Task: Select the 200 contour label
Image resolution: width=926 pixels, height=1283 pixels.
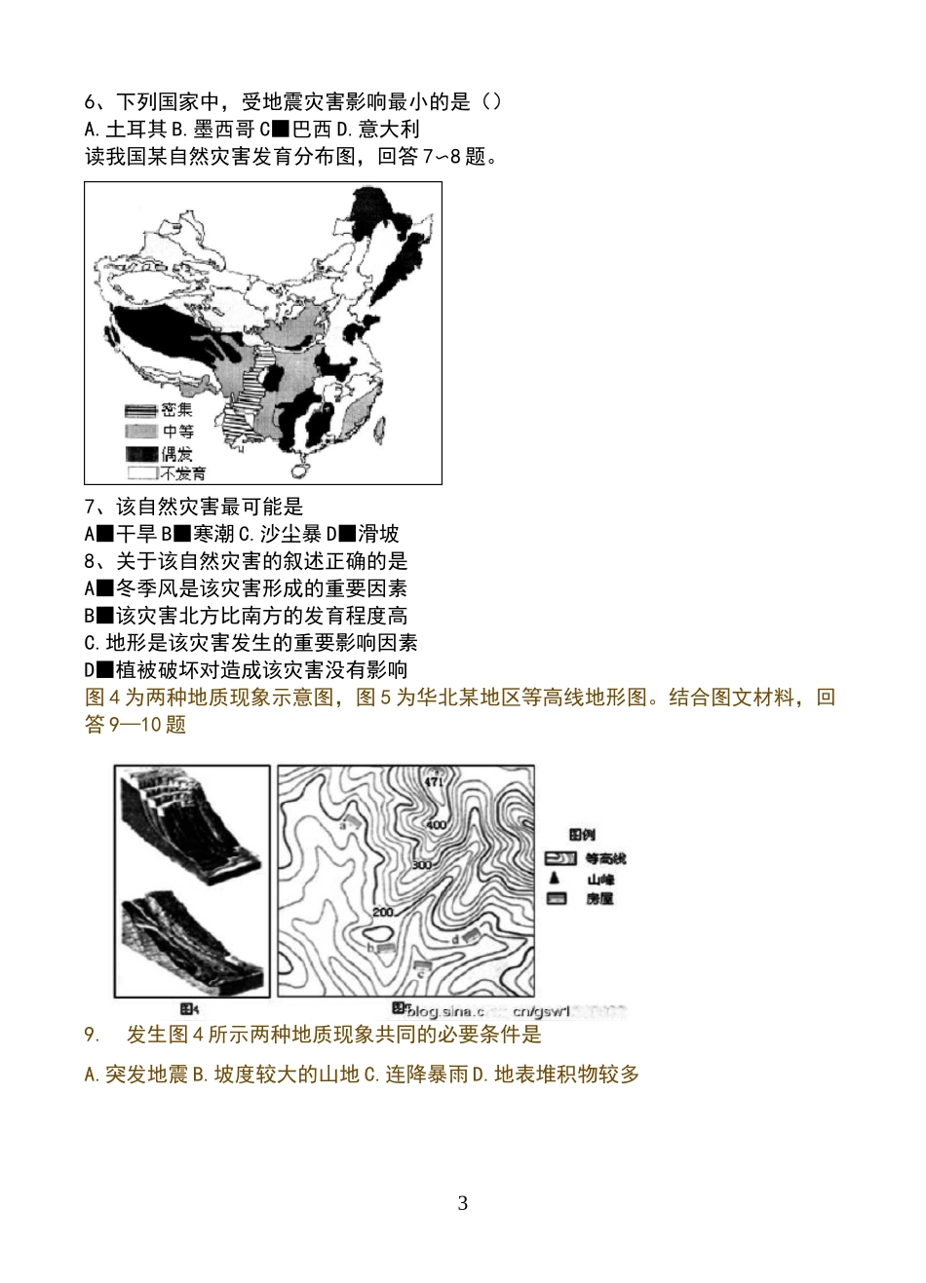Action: (x=382, y=911)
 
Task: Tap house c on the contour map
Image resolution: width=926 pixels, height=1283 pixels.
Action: (x=422, y=964)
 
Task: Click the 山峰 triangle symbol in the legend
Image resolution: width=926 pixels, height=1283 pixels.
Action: (x=554, y=879)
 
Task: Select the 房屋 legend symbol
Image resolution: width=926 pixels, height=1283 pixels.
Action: (x=557, y=899)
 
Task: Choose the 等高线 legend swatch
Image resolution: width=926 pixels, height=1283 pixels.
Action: (x=558, y=858)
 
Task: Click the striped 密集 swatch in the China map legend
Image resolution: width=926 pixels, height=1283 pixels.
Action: (x=140, y=411)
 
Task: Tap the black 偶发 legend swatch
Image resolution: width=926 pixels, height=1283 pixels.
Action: (x=140, y=453)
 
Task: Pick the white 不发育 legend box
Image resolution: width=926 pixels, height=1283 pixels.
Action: (x=140, y=473)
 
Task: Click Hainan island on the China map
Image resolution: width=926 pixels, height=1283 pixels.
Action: (x=300, y=470)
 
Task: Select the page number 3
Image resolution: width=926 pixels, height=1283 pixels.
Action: (x=462, y=1203)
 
